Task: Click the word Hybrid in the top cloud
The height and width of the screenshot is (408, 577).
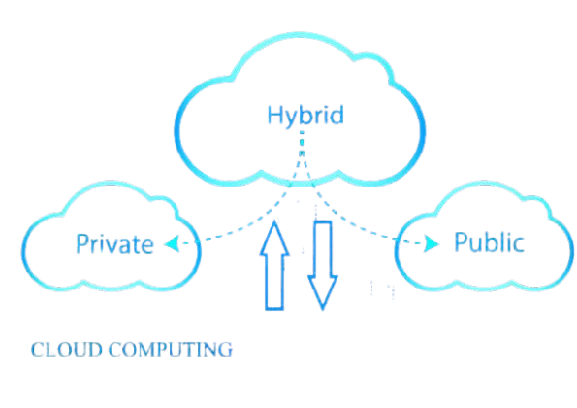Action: coord(306,116)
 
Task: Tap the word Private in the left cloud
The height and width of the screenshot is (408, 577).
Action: coord(114,244)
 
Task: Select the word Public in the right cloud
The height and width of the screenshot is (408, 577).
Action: coord(489,242)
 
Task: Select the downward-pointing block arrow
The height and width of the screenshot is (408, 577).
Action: coord(323,261)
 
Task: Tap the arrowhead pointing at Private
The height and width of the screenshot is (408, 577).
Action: coord(168,243)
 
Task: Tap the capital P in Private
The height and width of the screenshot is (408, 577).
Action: coord(81,244)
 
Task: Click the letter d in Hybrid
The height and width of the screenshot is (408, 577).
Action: coord(337,116)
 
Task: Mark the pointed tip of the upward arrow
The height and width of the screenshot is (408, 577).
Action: coord(274,221)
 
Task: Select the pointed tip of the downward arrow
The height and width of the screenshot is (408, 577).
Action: coord(323,307)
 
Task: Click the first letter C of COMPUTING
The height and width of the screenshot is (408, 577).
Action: coord(109,350)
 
